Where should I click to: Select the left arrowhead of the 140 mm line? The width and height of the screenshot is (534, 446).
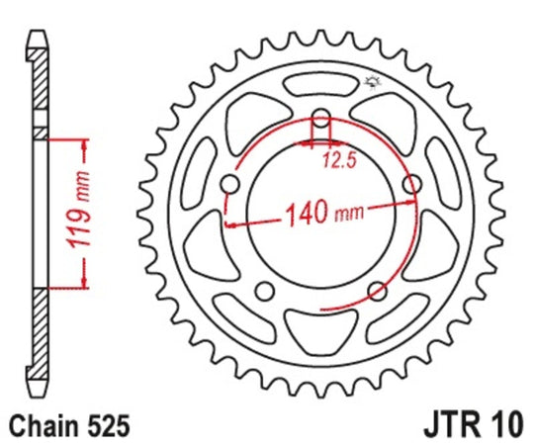(x=232, y=225)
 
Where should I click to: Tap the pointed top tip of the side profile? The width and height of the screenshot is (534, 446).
(x=38, y=30)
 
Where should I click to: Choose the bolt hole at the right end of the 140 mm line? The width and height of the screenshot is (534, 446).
(x=411, y=183)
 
